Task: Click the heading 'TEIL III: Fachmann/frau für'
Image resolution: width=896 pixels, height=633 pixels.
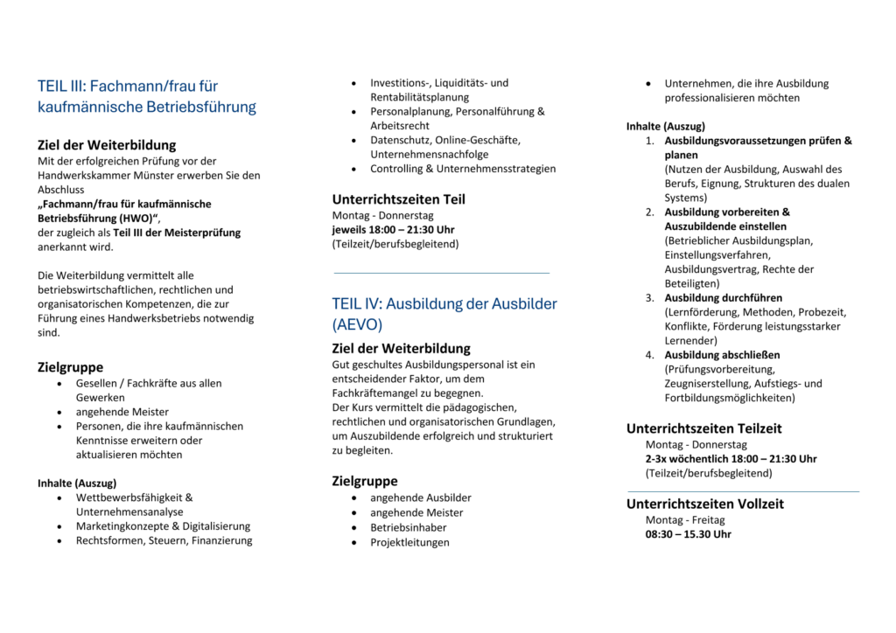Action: [x=128, y=86]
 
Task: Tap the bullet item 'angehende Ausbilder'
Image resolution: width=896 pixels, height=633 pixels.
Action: [x=420, y=497]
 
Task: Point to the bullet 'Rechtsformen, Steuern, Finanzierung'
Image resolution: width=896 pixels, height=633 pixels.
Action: [x=164, y=540]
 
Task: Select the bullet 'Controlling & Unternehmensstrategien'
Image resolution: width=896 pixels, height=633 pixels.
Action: [x=462, y=169]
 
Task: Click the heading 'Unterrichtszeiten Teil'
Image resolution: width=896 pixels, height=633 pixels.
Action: [x=398, y=199]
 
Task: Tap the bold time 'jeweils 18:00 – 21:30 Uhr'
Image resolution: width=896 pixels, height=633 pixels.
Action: [x=393, y=229]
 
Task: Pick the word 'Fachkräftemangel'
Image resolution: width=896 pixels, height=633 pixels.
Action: [x=374, y=393]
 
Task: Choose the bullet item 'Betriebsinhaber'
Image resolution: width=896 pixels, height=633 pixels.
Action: [x=408, y=527]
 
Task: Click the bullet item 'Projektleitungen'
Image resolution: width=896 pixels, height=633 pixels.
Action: [x=409, y=542]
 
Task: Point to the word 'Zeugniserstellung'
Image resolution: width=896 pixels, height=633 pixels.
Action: [x=708, y=384]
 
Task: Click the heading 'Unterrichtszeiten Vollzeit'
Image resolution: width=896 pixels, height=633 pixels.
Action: [x=704, y=504]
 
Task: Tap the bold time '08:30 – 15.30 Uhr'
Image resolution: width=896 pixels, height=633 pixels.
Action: [x=688, y=534]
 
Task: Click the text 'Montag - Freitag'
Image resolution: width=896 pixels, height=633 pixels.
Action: [x=685, y=519]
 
